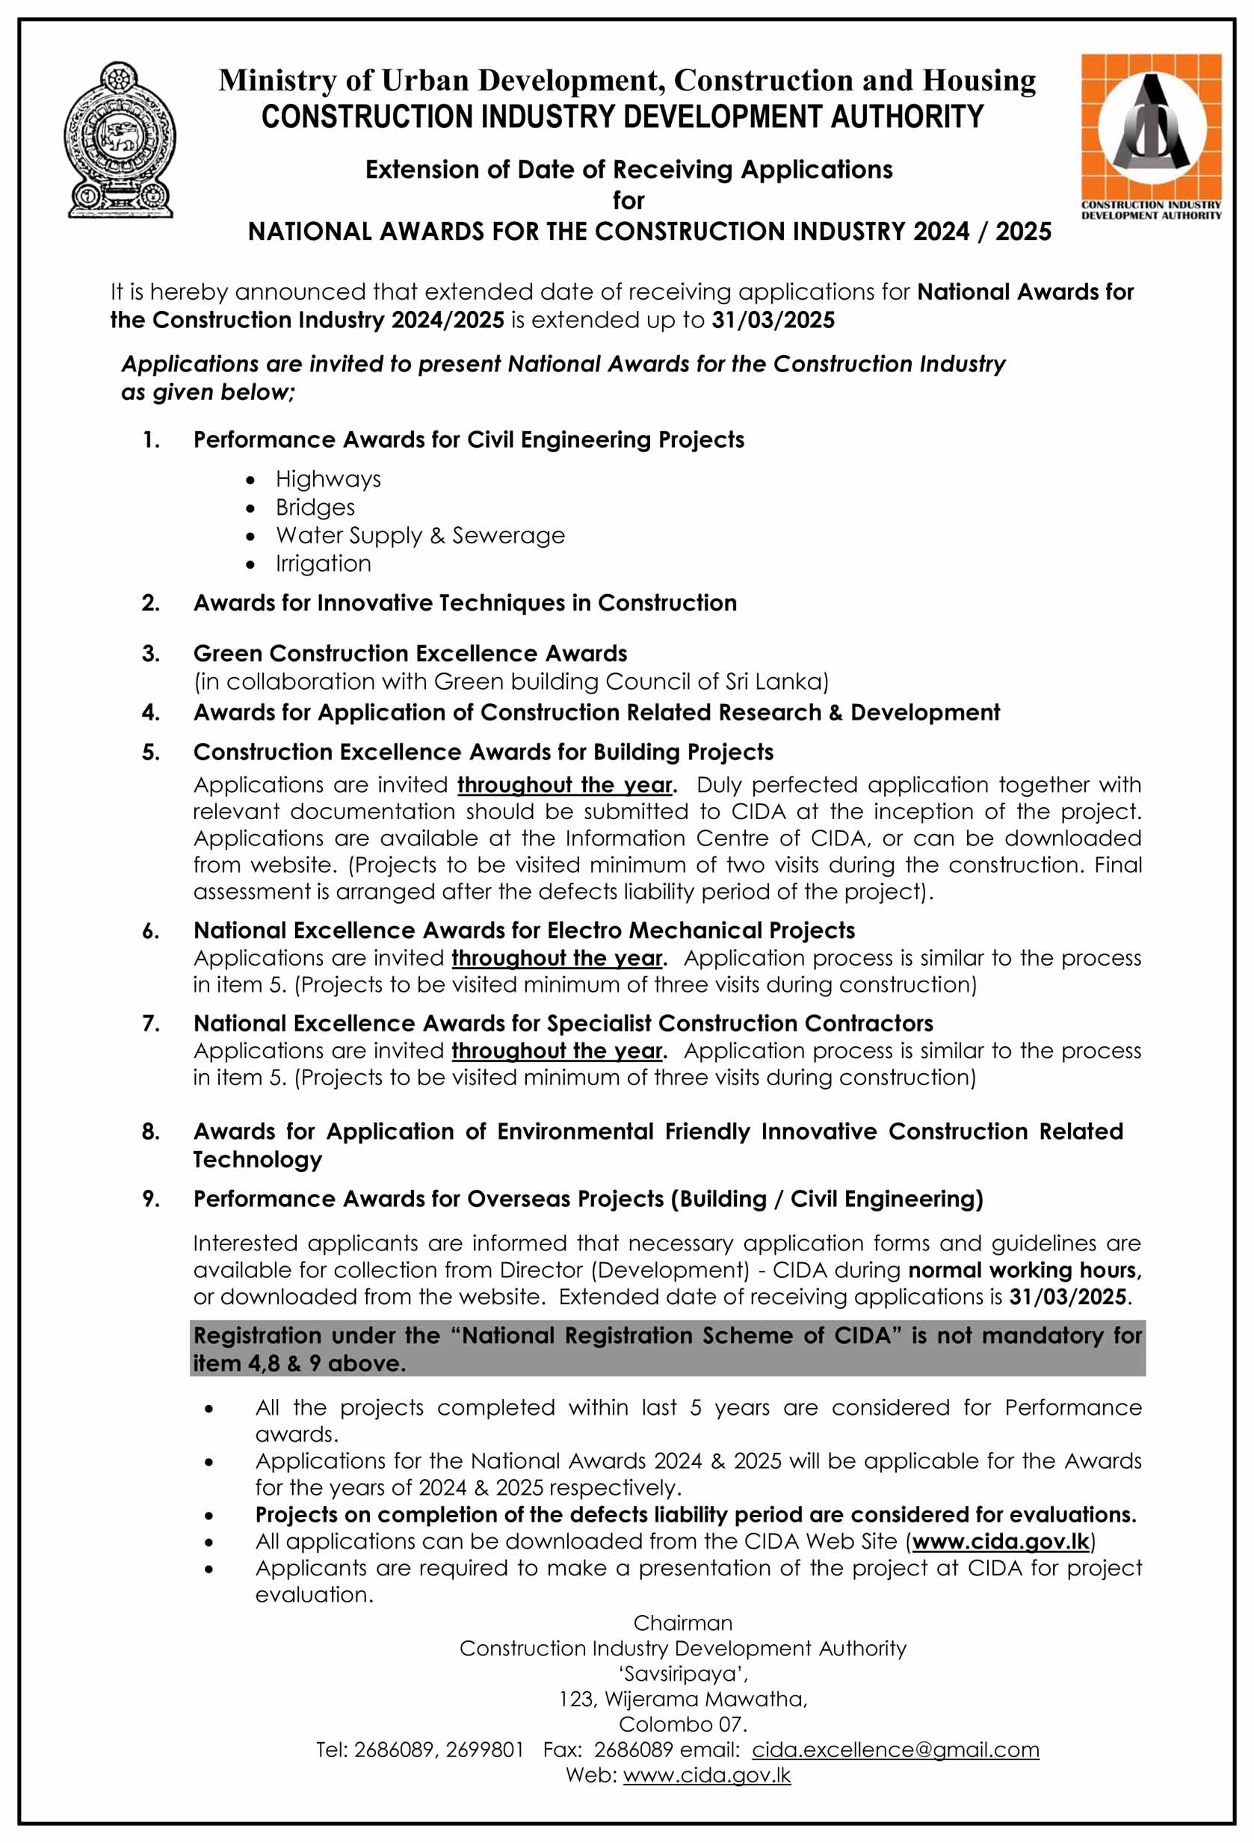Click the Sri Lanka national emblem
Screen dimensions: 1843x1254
tap(119, 140)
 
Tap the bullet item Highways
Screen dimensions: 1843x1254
tap(327, 479)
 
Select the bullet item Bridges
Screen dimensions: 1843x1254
tap(315, 507)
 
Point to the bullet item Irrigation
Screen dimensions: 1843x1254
tap(323, 564)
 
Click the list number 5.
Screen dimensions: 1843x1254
tap(151, 752)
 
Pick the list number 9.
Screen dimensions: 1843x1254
tap(151, 1198)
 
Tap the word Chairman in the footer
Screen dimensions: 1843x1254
tap(682, 1623)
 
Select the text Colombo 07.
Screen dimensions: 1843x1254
tap(682, 1724)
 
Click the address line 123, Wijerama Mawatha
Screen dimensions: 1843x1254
tap(682, 1699)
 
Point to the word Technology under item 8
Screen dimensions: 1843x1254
tap(257, 1159)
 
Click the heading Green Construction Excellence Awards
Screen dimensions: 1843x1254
tap(410, 653)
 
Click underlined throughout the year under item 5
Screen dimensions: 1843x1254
tap(565, 785)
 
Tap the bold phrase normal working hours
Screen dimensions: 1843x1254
tap(1023, 1270)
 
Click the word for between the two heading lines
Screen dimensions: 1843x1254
tap(628, 200)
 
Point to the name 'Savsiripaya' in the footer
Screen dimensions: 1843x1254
tap(682, 1673)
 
